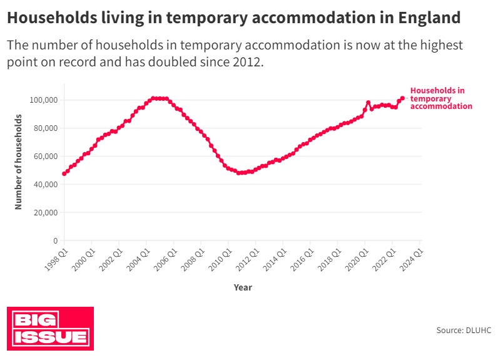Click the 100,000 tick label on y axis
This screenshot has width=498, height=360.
coord(43,100)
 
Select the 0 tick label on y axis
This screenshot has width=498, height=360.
coord(55,241)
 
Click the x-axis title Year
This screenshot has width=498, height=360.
coord(243,287)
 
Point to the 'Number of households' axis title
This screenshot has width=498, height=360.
coord(19,162)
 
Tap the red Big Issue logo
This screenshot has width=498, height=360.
coord(50,329)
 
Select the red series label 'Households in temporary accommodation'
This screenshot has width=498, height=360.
coord(440,98)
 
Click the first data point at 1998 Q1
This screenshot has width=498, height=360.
coord(64,173)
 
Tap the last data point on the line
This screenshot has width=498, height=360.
coord(402,98)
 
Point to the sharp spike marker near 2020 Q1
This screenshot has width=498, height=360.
coord(368,103)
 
